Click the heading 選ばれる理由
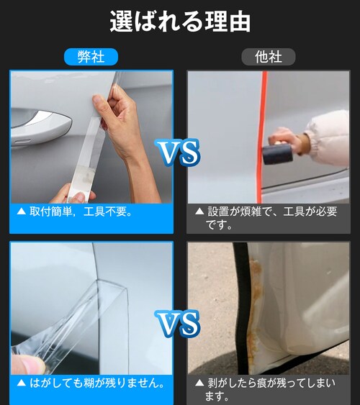pyautogui.click(x=180, y=22)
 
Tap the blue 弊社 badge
pyautogui.click(x=91, y=57)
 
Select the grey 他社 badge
pyautogui.click(x=269, y=57)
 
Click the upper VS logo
pyautogui.click(x=178, y=152)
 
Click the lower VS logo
pyautogui.click(x=178, y=324)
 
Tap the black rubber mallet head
pyautogui.click(x=278, y=154)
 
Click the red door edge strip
pyautogui.click(x=261, y=137)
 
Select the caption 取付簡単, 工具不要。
pyautogui.click(x=81, y=211)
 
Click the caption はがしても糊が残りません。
pyautogui.click(x=97, y=383)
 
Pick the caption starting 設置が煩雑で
pyautogui.click(x=271, y=218)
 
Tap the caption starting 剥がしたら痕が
pyautogui.click(x=270, y=389)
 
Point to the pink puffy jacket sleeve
pyautogui.click(x=328, y=138)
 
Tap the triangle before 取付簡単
pyautogui.click(x=22, y=211)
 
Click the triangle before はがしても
pyautogui.click(x=22, y=383)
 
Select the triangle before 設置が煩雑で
pyautogui.click(x=199, y=211)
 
